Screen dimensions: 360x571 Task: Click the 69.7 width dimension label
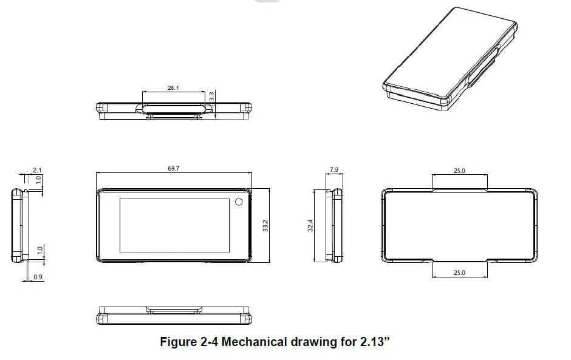[x=173, y=168]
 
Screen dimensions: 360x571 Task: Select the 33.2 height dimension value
[x=265, y=226]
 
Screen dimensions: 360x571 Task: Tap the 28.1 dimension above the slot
[x=173, y=88]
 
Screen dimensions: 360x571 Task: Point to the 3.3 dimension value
[x=211, y=96]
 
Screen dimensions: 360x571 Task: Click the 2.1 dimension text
[x=36, y=171]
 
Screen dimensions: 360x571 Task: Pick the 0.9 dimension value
[x=38, y=277]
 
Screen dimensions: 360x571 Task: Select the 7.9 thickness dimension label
[x=333, y=171]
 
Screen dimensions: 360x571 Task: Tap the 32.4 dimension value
[x=310, y=226]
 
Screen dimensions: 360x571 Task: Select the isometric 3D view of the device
[x=453, y=61]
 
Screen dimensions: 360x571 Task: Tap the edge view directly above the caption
[x=174, y=316]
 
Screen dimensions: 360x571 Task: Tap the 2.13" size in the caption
[x=373, y=342]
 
